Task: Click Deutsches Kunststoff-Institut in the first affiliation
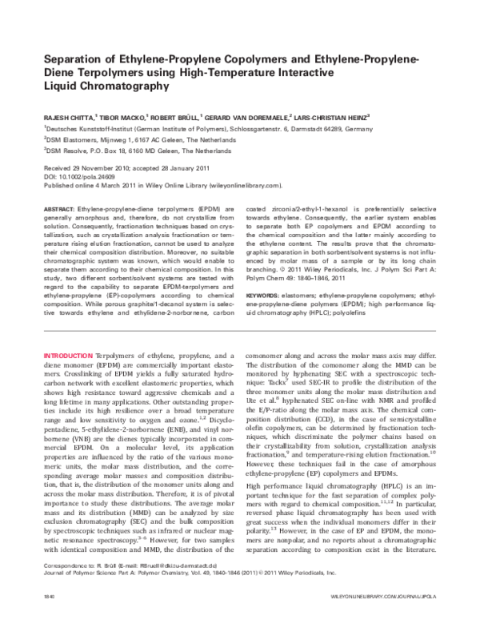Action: tap(88, 127)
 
